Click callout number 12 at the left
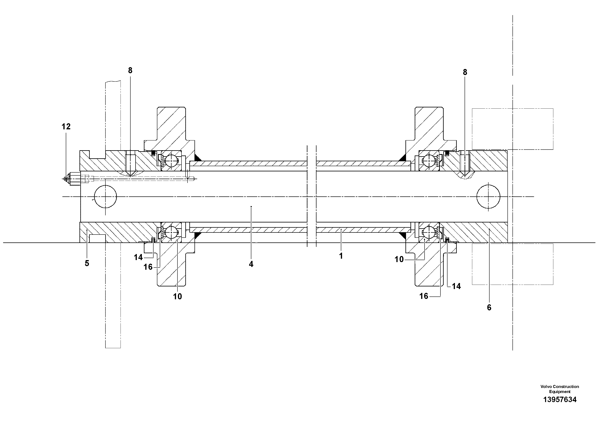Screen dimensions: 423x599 click(66, 127)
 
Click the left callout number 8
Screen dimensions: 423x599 click(130, 71)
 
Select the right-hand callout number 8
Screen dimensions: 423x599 click(465, 72)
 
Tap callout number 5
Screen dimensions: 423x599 click(87, 263)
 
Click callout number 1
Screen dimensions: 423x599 click(341, 256)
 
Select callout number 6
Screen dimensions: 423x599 click(489, 308)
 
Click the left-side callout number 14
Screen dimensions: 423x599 click(138, 257)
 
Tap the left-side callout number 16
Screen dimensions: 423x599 click(148, 267)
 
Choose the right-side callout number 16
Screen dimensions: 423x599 click(424, 296)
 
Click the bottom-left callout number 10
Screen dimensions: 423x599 click(177, 296)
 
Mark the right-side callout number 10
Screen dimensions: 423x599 click(399, 259)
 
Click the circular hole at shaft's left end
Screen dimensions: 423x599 click(105, 197)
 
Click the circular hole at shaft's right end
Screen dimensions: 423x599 click(488, 197)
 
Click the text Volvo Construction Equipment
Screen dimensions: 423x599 click(560, 389)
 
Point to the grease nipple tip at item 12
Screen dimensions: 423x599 click(66, 179)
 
